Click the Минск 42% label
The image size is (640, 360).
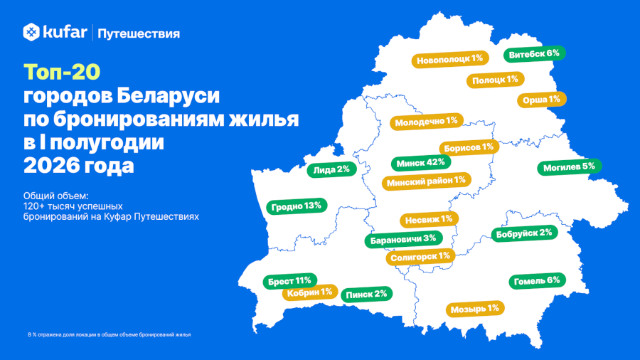click(421, 163)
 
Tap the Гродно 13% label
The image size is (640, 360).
click(297, 206)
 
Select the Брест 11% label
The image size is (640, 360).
click(290, 281)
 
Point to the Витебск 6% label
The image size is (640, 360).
click(534, 54)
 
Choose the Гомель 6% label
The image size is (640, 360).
click(537, 281)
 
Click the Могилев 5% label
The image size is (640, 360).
click(569, 167)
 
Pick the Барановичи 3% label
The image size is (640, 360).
click(403, 239)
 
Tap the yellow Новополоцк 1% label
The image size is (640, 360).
click(450, 60)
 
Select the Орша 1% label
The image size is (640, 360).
click(542, 100)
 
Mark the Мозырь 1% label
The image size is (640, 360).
click(475, 309)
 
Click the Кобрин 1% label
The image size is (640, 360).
click(310, 292)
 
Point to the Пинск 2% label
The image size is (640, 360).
click(366, 295)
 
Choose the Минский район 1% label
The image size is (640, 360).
click(427, 181)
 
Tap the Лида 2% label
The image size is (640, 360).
click(331, 169)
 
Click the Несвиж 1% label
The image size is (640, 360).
click(429, 220)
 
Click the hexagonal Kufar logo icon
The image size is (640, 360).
click(31, 32)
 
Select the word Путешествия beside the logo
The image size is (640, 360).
click(139, 34)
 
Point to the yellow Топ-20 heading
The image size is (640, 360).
click(62, 72)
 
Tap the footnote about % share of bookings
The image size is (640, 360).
click(109, 334)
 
